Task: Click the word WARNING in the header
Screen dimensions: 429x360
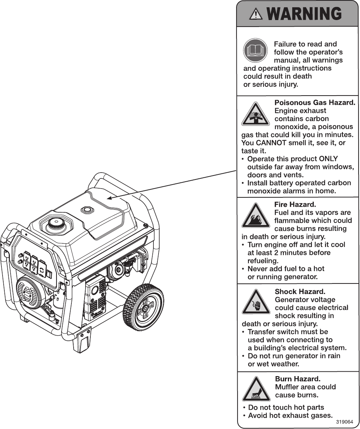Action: click(304, 14)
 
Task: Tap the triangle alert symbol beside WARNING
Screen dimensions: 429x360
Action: click(257, 14)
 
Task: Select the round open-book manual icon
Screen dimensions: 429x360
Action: click(255, 50)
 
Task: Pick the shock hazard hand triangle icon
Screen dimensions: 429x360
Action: click(256, 303)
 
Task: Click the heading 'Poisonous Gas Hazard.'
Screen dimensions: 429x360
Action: click(315, 103)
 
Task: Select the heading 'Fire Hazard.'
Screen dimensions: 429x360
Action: click(295, 204)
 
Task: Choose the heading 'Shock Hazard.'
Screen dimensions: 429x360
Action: click(300, 291)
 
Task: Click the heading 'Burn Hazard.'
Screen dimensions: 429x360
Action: click(298, 379)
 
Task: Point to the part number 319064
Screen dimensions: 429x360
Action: click(344, 422)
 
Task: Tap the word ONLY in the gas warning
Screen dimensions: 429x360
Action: click(328, 159)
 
